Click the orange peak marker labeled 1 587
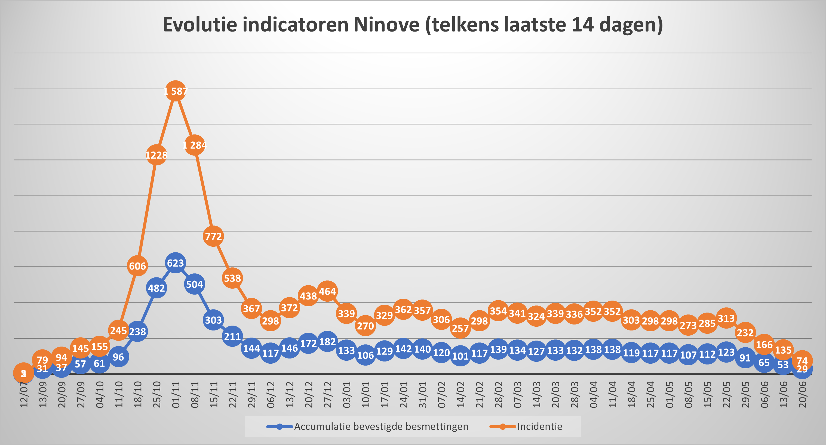[x=175, y=91]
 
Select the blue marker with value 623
[x=175, y=263]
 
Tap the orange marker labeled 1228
[x=156, y=155]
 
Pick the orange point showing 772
[x=213, y=236]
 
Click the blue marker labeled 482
[x=156, y=288]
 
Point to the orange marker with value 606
[x=137, y=266]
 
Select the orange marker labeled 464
[x=327, y=291]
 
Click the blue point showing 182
[x=327, y=342]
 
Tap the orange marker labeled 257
[x=460, y=328]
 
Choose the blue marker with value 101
[x=460, y=356]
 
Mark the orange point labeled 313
[x=726, y=318]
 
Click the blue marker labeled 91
[x=745, y=357]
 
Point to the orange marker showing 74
[x=802, y=361]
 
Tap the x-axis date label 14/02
[x=460, y=395]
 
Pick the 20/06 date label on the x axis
[x=802, y=395]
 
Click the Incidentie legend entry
[x=539, y=427]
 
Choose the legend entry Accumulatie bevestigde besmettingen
[x=381, y=427]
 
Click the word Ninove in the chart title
[x=386, y=25]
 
